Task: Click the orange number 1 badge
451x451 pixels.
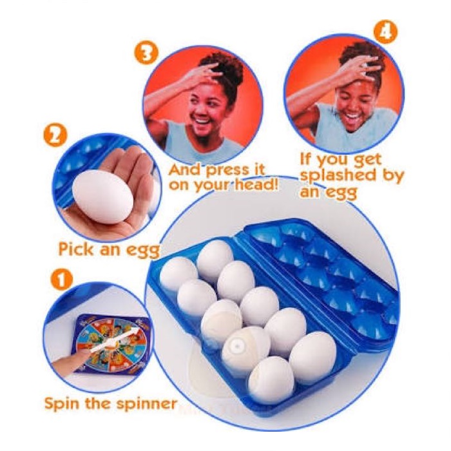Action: pos(62,280)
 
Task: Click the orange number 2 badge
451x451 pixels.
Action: pos(55,136)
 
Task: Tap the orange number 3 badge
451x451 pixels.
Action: pos(146,53)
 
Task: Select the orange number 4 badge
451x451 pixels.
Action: pos(385,32)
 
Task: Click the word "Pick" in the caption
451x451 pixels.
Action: pos(75,249)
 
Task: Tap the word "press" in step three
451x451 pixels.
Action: pos(227,170)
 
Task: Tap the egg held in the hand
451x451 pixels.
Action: pos(102,196)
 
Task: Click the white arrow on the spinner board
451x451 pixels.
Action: pos(113,340)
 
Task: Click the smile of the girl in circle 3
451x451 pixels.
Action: pos(203,119)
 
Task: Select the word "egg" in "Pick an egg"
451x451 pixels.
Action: pos(143,251)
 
